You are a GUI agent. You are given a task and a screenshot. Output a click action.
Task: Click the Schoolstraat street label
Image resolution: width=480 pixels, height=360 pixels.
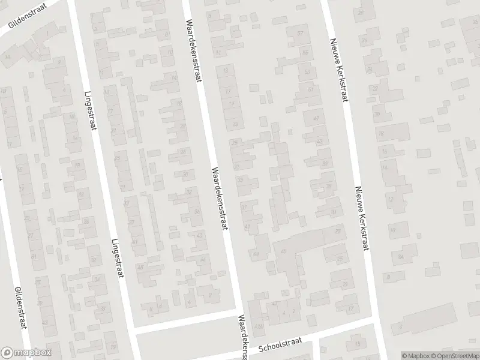tap(278, 346)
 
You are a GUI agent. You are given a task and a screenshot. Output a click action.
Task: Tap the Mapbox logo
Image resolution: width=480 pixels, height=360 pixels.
tap(26, 353)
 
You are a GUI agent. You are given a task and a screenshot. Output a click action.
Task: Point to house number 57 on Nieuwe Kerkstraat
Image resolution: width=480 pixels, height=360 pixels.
tap(300, 34)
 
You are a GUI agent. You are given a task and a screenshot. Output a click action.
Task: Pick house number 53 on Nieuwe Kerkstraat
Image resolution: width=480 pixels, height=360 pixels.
tap(308, 72)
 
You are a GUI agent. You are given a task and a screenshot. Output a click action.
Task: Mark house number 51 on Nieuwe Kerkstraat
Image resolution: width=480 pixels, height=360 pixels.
tap(310, 90)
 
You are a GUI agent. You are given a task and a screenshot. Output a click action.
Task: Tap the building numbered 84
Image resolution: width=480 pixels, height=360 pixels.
tap(400, 256)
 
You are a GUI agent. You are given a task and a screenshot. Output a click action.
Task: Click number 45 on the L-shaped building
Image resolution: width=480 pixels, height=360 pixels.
tap(283, 251)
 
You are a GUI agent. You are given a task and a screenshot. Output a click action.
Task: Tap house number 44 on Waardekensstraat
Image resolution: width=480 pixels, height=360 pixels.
tap(203, 259)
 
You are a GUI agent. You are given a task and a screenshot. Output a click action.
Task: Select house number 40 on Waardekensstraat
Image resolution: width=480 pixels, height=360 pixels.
tap(199, 235)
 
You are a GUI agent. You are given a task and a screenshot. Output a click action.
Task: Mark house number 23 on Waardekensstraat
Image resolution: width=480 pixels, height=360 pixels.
tap(235, 124)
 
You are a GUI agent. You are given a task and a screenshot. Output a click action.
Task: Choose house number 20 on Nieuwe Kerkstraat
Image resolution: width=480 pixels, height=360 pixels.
tap(377, 114)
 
